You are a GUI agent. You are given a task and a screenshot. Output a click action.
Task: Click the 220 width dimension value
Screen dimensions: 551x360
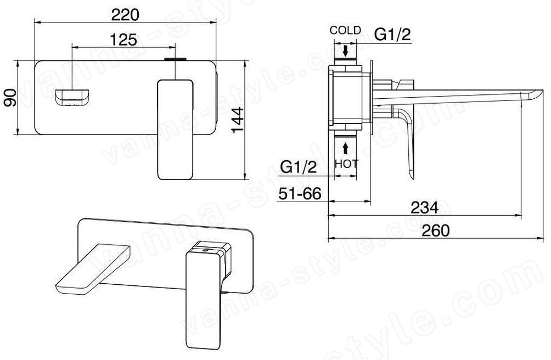click(x=125, y=15)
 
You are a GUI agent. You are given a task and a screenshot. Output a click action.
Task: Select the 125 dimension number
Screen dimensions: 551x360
click(x=123, y=40)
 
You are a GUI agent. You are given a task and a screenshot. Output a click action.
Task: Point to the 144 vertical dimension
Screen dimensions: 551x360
click(x=238, y=120)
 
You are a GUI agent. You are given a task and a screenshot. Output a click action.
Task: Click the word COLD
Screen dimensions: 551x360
click(x=345, y=30)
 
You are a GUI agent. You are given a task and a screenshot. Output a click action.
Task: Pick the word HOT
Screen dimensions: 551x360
click(x=346, y=164)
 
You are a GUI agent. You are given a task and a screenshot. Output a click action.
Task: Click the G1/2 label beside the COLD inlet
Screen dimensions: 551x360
click(x=392, y=35)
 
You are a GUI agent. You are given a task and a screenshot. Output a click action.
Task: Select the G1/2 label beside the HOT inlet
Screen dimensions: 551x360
click(x=299, y=167)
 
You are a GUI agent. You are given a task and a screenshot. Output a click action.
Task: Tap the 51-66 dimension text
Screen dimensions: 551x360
click(x=300, y=194)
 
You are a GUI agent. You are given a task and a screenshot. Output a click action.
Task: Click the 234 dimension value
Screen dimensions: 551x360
click(x=425, y=208)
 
